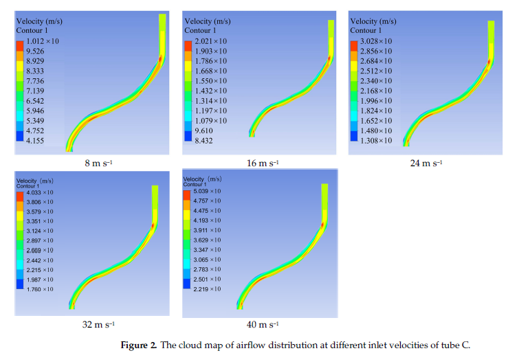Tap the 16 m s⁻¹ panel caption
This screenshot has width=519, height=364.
click(x=263, y=163)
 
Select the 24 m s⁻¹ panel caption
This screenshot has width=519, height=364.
click(x=427, y=163)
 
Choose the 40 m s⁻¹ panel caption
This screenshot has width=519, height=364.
click(x=263, y=324)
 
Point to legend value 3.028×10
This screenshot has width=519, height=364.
click(x=375, y=41)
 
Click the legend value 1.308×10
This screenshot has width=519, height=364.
click(x=375, y=139)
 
